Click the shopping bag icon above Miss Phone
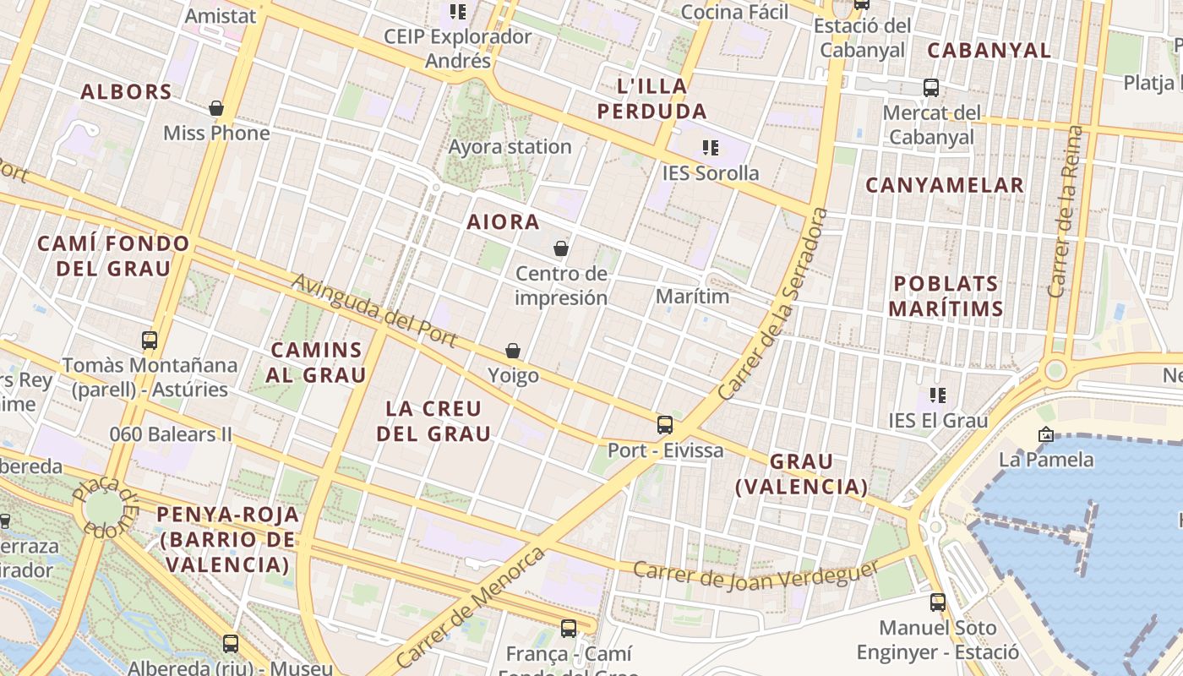(216, 108)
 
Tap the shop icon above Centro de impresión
(560, 248)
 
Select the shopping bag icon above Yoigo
(512, 351)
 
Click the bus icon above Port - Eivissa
(665, 424)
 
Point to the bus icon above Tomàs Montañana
(150, 341)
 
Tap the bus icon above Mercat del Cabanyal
(930, 87)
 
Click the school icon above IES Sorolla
(711, 148)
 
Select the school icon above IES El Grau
(937, 395)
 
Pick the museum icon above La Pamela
(1046, 434)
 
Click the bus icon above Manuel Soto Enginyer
(937, 602)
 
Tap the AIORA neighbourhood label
(503, 222)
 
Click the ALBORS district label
(126, 92)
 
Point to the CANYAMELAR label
(945, 185)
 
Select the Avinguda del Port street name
(375, 312)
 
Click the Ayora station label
(510, 147)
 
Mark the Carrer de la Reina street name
(1065, 211)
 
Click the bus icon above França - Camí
(569, 629)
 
